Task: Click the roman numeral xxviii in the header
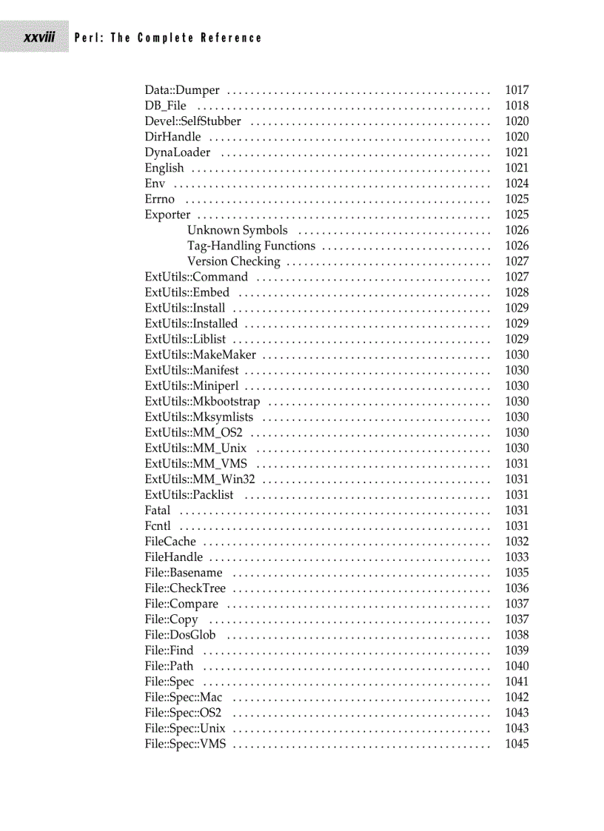point(39,37)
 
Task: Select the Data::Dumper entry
point(182,90)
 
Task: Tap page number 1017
point(517,90)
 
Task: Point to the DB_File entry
point(165,106)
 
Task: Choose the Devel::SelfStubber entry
point(192,121)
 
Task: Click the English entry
point(164,168)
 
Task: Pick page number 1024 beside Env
point(517,184)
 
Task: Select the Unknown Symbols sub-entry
point(237,230)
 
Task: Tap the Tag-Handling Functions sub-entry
point(251,246)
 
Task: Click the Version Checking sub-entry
point(233,261)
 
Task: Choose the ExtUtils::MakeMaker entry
point(200,354)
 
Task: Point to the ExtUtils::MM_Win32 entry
point(200,479)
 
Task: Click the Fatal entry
point(158,510)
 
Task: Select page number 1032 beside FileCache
point(517,541)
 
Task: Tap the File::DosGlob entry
point(180,634)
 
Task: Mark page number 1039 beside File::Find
point(517,650)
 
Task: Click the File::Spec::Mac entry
point(183,696)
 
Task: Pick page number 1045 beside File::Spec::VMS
point(517,743)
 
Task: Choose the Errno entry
point(160,199)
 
